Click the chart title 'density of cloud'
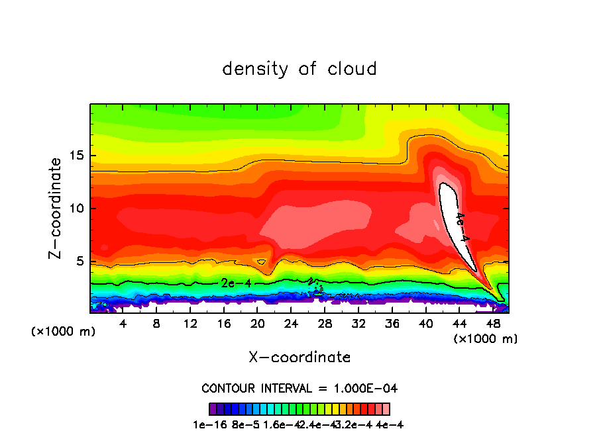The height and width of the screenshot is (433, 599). (299, 69)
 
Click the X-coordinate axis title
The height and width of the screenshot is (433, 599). (299, 358)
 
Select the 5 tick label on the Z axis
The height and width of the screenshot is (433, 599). (79, 261)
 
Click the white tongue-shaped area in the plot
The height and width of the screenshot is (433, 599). (452, 212)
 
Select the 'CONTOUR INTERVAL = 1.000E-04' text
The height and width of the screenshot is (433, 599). (299, 388)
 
